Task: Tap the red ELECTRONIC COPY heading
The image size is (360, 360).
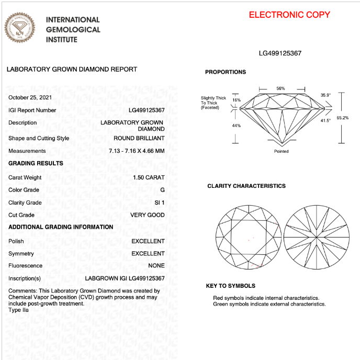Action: click(289, 15)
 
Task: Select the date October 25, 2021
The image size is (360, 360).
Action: click(30, 98)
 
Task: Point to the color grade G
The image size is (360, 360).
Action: click(162, 190)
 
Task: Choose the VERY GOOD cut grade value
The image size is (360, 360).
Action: click(148, 215)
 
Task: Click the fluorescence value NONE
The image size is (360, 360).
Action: click(156, 266)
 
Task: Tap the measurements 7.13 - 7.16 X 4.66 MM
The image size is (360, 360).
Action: click(137, 151)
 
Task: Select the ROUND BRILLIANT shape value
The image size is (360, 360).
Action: click(139, 139)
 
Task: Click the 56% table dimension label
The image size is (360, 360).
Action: click(281, 88)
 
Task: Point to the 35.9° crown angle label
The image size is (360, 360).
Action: click(325, 95)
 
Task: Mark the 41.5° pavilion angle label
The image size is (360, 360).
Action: click(325, 121)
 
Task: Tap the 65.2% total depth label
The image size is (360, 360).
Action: click(343, 118)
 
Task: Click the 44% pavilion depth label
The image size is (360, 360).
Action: click(236, 126)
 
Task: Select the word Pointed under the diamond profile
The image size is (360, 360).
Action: click(281, 151)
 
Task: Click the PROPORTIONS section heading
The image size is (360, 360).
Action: click(226, 72)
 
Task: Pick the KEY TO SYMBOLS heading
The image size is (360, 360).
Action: click(231, 286)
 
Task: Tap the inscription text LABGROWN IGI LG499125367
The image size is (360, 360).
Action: click(125, 278)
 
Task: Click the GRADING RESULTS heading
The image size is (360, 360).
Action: click(36, 164)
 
